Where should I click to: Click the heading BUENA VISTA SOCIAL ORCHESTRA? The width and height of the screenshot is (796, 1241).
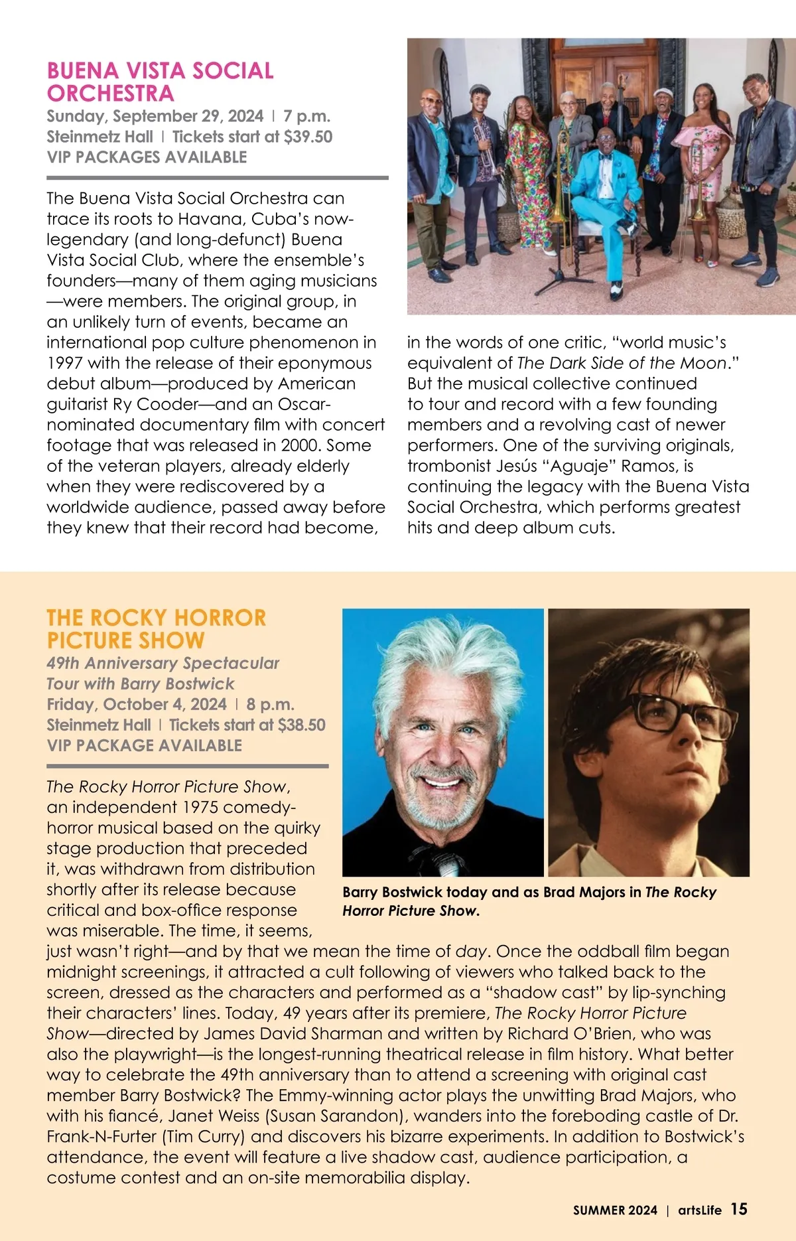coord(160,82)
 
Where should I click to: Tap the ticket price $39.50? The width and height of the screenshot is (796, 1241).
coord(308,137)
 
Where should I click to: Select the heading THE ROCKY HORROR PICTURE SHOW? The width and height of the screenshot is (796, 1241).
coord(156,628)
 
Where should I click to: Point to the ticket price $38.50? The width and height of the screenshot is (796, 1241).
coord(302,725)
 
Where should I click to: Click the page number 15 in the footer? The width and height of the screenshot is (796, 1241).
coord(739,1209)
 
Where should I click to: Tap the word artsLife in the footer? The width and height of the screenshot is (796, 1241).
coord(699,1210)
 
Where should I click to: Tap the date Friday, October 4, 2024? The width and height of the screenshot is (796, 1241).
coord(137,704)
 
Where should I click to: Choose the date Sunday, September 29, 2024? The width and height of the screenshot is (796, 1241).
coord(155,116)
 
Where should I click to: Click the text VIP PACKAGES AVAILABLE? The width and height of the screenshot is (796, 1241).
coord(147,157)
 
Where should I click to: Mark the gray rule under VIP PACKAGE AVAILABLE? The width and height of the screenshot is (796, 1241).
coord(187,766)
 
